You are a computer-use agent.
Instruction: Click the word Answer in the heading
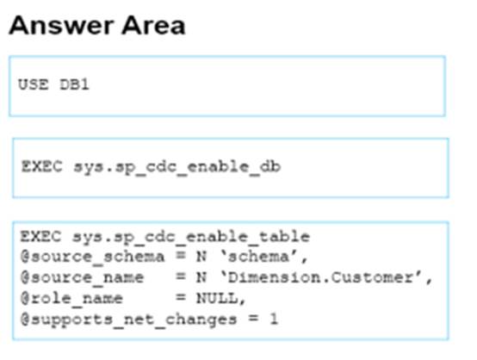pos(60,26)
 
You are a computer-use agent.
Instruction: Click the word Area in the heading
pos(153,26)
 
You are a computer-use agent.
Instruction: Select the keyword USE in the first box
pos(34,84)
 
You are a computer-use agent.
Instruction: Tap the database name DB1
pos(74,84)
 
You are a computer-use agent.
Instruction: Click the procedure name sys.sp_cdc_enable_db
pos(177,167)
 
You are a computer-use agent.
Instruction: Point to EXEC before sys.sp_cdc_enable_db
pos(41,166)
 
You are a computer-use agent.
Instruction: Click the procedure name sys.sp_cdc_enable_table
pos(191,238)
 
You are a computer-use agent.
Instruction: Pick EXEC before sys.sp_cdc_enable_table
pos(40,237)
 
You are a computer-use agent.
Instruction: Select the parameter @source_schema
pos(92,258)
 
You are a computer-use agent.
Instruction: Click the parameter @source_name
pos(82,278)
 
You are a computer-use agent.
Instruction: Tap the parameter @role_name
pos(71,299)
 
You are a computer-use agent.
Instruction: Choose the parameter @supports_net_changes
pos(128,320)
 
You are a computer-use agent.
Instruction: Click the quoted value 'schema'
pos(263,258)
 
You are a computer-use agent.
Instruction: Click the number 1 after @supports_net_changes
pos(274,320)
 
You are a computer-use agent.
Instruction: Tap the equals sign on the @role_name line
pos(181,298)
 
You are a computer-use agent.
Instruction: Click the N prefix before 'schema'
pos(201,258)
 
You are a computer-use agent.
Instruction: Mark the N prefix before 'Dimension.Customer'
pos(201,278)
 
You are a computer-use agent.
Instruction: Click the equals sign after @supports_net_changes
pos(253,319)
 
